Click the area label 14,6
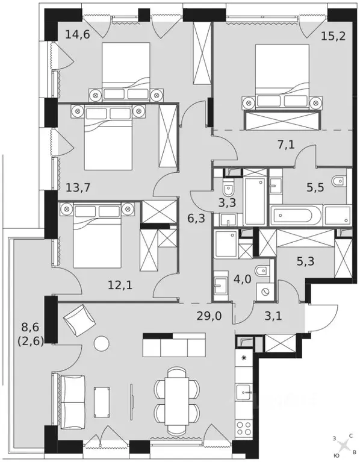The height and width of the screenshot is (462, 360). tap(77, 34)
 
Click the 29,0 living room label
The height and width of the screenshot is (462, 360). tap(208, 315)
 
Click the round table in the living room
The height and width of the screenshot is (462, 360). tap(102, 343)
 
